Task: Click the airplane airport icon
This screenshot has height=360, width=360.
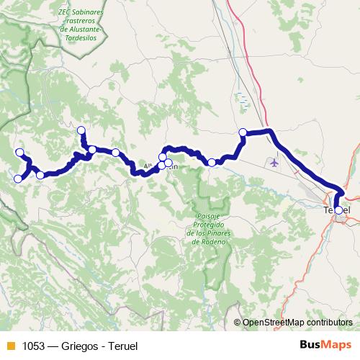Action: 274,163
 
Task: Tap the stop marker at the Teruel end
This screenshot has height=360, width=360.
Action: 338,210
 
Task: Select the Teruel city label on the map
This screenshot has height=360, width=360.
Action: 337,209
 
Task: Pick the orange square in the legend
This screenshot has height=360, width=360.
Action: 10,346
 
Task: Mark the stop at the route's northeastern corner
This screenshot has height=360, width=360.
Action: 243,132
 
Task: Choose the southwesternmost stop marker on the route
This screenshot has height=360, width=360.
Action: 18,179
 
